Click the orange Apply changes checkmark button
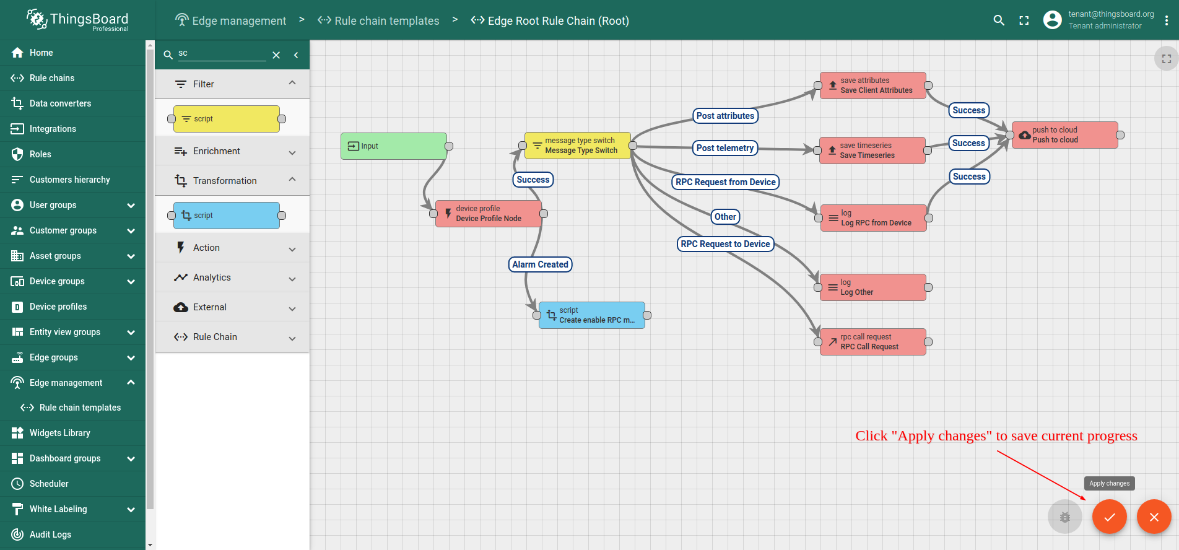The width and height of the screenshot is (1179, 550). pyautogui.click(x=1109, y=517)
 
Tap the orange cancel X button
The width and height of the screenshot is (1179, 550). pyautogui.click(x=1154, y=517)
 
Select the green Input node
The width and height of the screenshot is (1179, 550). pyautogui.click(x=394, y=146)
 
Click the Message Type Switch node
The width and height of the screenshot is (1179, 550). pyautogui.click(x=577, y=146)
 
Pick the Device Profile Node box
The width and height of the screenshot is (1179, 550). pyautogui.click(x=489, y=214)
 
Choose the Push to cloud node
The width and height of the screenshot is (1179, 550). pyautogui.click(x=1065, y=135)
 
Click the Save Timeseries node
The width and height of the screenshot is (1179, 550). pyautogui.click(x=872, y=151)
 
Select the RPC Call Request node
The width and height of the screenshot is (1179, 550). pyautogui.click(x=873, y=342)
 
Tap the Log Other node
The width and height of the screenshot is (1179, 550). pyautogui.click(x=873, y=287)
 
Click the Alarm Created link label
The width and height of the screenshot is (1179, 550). pyautogui.click(x=540, y=264)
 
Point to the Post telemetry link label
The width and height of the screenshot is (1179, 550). pyautogui.click(x=725, y=148)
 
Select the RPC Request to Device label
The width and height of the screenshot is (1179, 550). pyautogui.click(x=725, y=244)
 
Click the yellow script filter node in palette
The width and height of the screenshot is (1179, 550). pyautogui.click(x=227, y=119)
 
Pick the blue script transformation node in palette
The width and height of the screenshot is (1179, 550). pyautogui.click(x=227, y=216)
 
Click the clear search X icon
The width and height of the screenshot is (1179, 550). pyautogui.click(x=276, y=55)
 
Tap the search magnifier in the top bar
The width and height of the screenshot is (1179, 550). pyautogui.click(x=999, y=20)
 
